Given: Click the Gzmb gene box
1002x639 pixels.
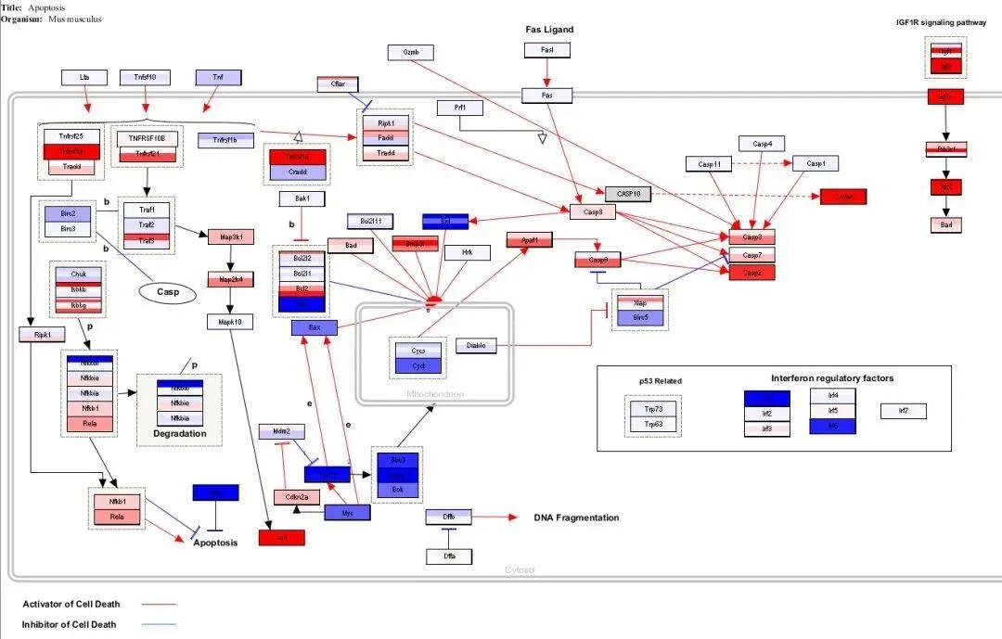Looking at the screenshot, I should (411, 52).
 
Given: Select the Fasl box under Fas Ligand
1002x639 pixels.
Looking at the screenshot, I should (547, 50).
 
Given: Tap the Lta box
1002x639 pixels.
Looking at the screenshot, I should (84, 78).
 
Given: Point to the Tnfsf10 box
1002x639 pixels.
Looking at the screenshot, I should (145, 78).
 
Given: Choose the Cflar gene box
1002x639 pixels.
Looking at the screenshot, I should (338, 84).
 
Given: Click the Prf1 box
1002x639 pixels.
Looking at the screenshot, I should (460, 109).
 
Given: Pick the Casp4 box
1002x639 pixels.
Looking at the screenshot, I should (762, 144).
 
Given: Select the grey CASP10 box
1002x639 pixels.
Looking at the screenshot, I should (628, 195).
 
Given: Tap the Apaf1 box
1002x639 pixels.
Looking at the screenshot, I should (529, 240).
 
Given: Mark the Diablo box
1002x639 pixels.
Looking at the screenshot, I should (476, 346).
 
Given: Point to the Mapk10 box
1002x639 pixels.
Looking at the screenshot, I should (229, 322).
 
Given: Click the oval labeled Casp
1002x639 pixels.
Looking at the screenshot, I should (168, 292).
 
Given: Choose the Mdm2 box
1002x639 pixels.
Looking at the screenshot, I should (281, 431).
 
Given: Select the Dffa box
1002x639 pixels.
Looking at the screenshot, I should (449, 556).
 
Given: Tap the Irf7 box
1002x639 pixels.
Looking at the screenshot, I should (904, 411).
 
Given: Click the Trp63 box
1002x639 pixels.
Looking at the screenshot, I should (653, 425).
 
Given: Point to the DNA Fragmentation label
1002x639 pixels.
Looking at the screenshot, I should (576, 518).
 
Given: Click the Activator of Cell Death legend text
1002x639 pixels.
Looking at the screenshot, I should (71, 605).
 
